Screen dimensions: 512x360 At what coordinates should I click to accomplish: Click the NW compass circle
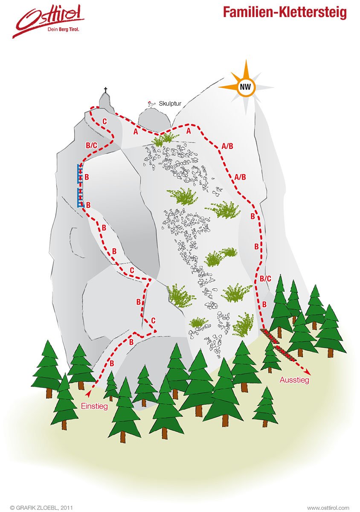pyautogui.click(x=245, y=87)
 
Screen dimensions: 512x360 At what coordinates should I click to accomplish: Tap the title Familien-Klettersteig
pyautogui.click(x=285, y=12)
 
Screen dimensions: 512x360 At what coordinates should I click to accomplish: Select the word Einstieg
pyautogui.click(x=94, y=406)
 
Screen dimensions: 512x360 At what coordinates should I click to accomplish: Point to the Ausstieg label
pyautogui.click(x=294, y=379)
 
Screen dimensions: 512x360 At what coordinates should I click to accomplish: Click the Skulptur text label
pyautogui.click(x=170, y=103)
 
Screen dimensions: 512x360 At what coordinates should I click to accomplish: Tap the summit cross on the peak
pyautogui.click(x=105, y=91)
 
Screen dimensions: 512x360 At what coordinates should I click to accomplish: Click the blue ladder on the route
pyautogui.click(x=80, y=186)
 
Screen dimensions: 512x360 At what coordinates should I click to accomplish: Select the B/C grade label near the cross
pyautogui.click(x=92, y=145)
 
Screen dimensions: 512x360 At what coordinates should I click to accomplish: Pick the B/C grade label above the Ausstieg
pyautogui.click(x=265, y=279)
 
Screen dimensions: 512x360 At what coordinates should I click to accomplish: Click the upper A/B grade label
pyautogui.click(x=227, y=146)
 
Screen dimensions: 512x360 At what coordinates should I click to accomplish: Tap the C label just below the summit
pyautogui.click(x=105, y=122)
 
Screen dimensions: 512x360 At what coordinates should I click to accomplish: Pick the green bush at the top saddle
pyautogui.click(x=164, y=138)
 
